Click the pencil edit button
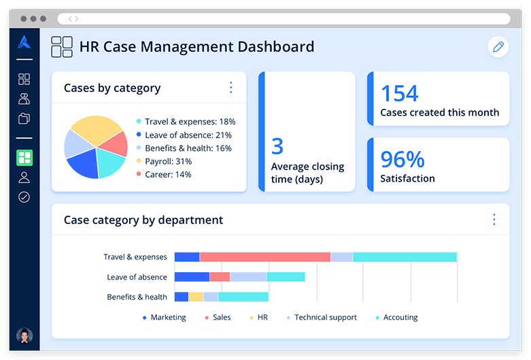498,47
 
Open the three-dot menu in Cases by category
230,88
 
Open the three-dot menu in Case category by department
494,219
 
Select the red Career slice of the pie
117,143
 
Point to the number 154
399,93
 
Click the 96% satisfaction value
402,159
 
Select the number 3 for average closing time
277,146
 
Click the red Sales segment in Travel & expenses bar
264,257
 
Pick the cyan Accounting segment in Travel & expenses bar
405,257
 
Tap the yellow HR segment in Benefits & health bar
196,297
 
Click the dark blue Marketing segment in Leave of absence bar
192,277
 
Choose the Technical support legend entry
325,318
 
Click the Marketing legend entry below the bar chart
167,318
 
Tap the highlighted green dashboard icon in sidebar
24,158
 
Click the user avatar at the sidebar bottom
24,336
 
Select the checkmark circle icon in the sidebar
24,197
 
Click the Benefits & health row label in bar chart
137,297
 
